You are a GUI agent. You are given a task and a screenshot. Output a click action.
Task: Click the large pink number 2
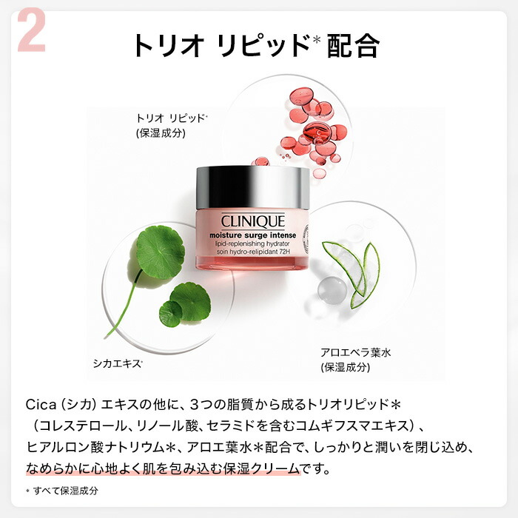pos(31,30)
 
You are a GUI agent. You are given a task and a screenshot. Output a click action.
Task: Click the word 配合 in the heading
pos(353,46)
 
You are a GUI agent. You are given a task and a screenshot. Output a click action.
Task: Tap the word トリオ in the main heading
pos(169,46)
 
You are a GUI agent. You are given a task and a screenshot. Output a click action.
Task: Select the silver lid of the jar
pos(253,188)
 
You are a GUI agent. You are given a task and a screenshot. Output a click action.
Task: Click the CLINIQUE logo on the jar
pos(253,221)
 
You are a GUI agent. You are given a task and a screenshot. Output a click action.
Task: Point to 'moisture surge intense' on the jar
pos(253,235)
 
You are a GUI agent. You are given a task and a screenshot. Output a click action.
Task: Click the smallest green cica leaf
pos(170,314)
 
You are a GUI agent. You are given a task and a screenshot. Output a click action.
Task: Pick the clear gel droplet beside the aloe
pos(332,291)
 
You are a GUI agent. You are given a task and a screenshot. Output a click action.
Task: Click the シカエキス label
pos(118,364)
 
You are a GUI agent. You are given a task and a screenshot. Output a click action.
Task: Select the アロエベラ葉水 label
pos(355,352)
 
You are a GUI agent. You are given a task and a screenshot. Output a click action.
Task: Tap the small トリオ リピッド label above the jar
pos(172,118)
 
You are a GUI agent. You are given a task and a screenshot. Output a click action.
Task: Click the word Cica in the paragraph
pos(41,404)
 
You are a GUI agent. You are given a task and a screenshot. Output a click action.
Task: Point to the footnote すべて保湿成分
pos(65,491)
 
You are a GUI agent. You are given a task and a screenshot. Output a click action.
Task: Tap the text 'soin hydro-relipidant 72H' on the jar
pos(253,252)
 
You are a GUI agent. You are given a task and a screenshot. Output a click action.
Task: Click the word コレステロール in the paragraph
pos(83,425)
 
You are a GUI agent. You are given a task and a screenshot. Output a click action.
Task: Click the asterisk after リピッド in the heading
pos(317,39)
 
